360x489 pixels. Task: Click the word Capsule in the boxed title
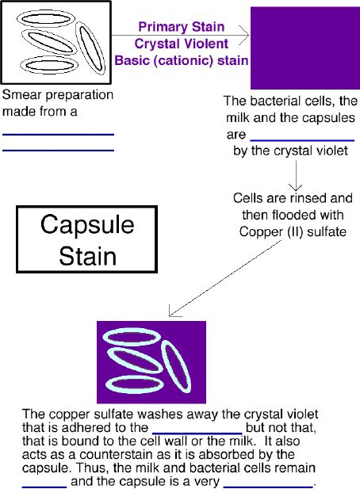(87, 224)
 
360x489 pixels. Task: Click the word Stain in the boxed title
(88, 256)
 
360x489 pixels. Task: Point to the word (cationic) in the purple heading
(184, 60)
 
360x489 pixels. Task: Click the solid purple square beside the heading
(305, 48)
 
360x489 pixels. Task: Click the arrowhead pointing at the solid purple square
(244, 35)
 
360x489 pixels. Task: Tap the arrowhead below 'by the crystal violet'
(296, 187)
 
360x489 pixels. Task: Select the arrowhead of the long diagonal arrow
(174, 311)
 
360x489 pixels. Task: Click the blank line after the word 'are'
(302, 140)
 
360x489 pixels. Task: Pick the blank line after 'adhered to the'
(197, 434)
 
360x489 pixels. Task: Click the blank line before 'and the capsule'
(44, 487)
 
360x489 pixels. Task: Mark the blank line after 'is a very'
(269, 487)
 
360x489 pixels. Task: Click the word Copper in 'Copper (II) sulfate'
(259, 232)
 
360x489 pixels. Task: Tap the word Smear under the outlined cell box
(19, 95)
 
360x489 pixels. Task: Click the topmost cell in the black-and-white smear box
(46, 19)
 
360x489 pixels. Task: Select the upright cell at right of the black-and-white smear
(90, 48)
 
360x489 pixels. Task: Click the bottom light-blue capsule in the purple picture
(135, 384)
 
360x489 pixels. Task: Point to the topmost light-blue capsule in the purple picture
(132, 337)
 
